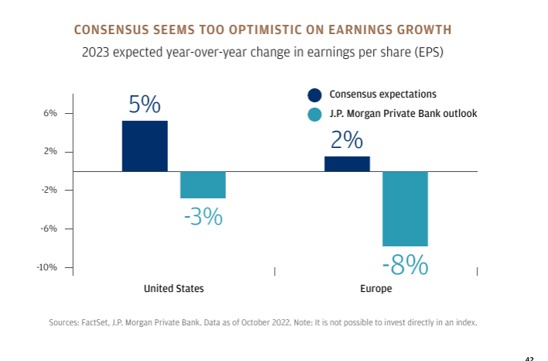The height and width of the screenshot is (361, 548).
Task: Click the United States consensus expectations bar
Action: pyautogui.click(x=145, y=146)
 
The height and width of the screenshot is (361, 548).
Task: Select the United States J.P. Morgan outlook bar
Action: pyautogui.click(x=203, y=184)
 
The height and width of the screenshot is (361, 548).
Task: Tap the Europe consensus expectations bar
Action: pyautogui.click(x=347, y=163)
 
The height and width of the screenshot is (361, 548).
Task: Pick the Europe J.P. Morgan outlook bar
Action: pyautogui.click(x=405, y=208)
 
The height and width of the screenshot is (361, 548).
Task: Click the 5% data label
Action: pyautogui.click(x=145, y=105)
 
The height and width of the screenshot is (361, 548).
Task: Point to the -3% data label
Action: pyautogui.click(x=203, y=216)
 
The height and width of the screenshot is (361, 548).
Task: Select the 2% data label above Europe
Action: pyautogui.click(x=347, y=140)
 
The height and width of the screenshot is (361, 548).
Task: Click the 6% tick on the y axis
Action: pyautogui.click(x=50, y=113)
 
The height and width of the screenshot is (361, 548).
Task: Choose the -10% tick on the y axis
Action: pyautogui.click(x=48, y=267)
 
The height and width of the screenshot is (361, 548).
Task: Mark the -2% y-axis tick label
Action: pyautogui.click(x=50, y=190)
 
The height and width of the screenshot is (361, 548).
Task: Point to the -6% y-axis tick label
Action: pyautogui.click(x=50, y=229)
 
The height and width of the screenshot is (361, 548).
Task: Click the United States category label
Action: pyautogui.click(x=174, y=288)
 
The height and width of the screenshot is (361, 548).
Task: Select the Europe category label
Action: pyautogui.click(x=376, y=288)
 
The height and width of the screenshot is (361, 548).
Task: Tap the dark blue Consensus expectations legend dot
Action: pyautogui.click(x=315, y=95)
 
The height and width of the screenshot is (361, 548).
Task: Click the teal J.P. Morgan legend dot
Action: pyautogui.click(x=315, y=114)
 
